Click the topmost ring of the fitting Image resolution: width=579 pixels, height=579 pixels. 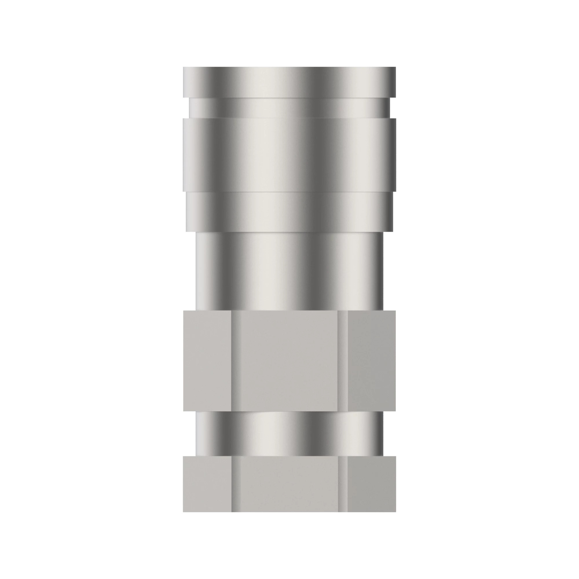tap(289, 82)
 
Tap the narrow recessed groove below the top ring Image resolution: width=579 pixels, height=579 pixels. tap(289, 108)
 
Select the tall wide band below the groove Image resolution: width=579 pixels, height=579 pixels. tap(289, 154)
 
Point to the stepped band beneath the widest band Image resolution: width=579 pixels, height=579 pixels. tap(289, 211)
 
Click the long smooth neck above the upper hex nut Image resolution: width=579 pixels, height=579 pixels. tap(289, 271)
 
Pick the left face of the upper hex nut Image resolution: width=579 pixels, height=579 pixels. tap(207, 361)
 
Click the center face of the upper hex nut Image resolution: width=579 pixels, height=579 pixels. tap(289, 361)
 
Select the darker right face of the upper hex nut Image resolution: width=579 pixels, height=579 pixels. tap(372, 361)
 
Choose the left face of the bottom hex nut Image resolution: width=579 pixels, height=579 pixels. tap(207, 484)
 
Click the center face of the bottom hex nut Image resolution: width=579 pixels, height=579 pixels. tap(289, 484)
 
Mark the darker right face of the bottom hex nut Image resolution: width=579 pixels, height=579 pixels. tap(372, 484)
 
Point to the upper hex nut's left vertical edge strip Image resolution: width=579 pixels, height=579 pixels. tap(236, 361)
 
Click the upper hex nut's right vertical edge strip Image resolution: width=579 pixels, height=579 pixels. tap(342, 361)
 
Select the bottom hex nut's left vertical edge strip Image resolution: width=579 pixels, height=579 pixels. tap(236, 484)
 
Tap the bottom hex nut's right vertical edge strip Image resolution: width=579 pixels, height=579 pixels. tap(342, 484)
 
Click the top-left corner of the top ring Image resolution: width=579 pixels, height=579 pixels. tap(184, 68)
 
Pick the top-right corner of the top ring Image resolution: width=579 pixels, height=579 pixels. tap(395, 68)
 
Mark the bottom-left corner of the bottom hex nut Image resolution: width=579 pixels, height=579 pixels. tap(184, 511)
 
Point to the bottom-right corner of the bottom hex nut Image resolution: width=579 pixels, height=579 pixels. tap(395, 511)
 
